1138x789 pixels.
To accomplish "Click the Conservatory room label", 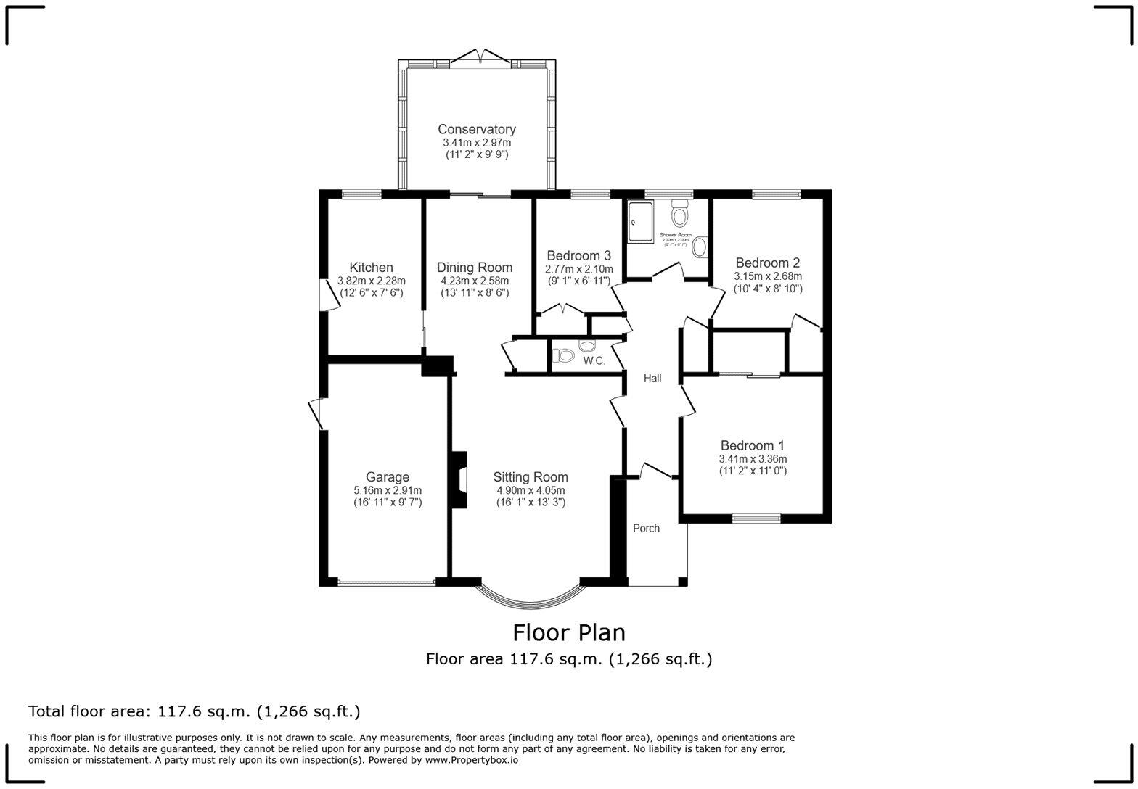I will [477, 130].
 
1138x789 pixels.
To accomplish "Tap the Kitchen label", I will [371, 268].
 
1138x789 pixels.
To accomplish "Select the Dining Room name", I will [475, 268].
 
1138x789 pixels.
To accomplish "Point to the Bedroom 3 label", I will [578, 256].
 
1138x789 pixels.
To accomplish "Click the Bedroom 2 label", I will [767, 263].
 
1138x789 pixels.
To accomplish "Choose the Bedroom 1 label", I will [752, 446].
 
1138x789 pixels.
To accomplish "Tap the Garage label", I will [387, 477].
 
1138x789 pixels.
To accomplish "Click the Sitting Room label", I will [530, 477].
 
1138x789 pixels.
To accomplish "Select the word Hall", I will [652, 379].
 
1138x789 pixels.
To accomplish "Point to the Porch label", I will [646, 529].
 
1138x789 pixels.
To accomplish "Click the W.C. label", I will [594, 361].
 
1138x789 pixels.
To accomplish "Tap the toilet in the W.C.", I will [563, 356].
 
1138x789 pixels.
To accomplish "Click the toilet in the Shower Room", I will [680, 215].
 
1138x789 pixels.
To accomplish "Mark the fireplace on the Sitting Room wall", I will [459, 480].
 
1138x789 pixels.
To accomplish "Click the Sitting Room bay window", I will [531, 596].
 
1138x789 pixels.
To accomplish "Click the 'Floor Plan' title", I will [568, 633].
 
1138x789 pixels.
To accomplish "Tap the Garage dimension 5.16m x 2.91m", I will [387, 490].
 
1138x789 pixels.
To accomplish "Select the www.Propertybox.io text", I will [471, 761].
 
